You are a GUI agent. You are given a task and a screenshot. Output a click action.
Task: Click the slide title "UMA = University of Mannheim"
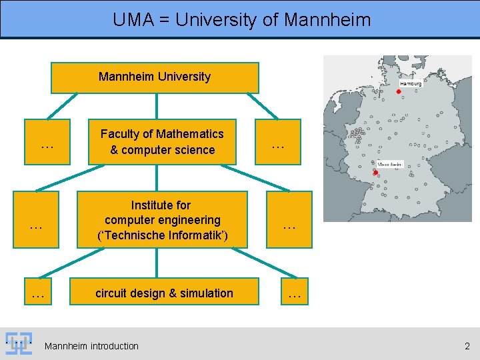pos(241,19)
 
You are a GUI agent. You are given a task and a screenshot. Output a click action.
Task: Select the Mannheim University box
pos(155,77)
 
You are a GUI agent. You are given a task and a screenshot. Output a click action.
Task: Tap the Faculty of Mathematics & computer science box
pos(162,142)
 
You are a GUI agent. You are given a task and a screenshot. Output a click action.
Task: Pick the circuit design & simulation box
pos(164,293)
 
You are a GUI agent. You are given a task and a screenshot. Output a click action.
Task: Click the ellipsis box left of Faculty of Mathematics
pos(47,142)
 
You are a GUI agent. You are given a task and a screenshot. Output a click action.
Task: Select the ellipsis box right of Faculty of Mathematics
pos(277,142)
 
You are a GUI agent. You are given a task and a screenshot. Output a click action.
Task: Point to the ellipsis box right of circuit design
pos(294,293)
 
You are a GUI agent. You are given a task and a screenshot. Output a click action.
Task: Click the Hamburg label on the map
pos(411,84)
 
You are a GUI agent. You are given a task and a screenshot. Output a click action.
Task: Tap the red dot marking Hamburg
pos(399,91)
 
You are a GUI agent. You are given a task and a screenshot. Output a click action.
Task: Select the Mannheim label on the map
pos(390,164)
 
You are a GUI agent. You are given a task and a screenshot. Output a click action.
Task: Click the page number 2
pos(467,345)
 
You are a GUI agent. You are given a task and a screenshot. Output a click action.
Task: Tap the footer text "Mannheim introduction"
pos(91,346)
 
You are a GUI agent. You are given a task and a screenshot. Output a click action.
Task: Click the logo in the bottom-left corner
pos(19,344)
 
